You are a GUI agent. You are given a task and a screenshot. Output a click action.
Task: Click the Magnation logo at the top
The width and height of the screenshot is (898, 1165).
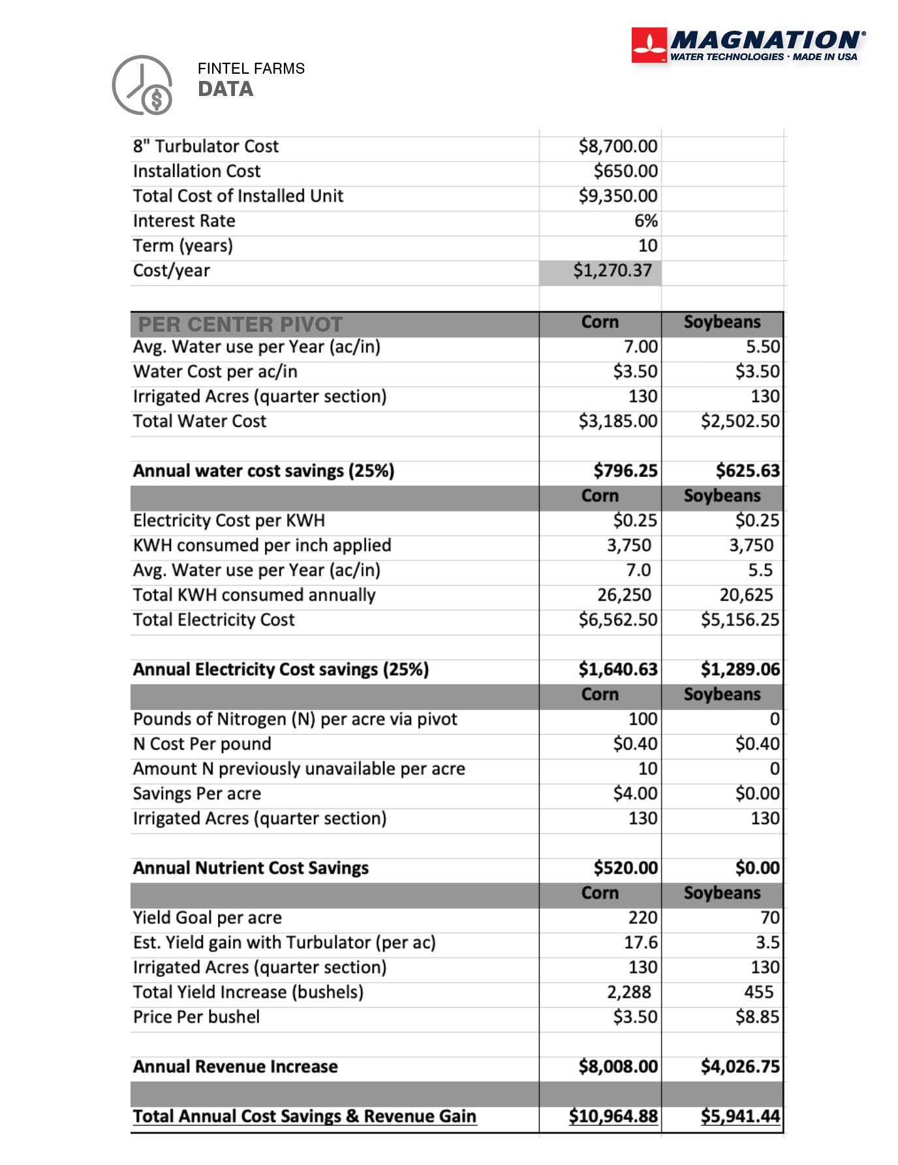[x=749, y=46]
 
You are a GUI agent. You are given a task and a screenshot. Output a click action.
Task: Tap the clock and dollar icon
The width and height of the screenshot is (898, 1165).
[x=142, y=86]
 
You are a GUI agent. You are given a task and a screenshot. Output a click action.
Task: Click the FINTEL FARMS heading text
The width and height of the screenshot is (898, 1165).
[x=251, y=69]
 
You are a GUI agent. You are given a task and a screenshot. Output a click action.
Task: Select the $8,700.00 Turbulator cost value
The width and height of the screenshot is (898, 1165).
[x=617, y=146]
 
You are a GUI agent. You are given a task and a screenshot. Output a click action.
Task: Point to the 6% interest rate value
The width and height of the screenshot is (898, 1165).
[x=645, y=221]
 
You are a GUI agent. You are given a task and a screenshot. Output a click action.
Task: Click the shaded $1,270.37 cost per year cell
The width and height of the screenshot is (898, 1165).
[x=612, y=270]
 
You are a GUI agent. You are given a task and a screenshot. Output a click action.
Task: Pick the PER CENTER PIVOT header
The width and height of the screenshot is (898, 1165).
[x=240, y=324]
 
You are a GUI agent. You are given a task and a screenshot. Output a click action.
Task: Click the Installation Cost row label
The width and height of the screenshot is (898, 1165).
[x=196, y=171]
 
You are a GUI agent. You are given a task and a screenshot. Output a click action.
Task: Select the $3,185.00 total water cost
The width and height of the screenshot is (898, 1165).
[x=617, y=421]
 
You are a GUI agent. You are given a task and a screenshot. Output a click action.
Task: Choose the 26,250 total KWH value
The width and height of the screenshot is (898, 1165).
[x=624, y=595]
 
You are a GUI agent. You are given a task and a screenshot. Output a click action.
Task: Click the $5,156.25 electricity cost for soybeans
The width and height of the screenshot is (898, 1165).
[x=740, y=620]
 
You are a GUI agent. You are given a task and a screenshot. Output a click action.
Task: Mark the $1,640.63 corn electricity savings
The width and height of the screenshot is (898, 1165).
[x=617, y=669]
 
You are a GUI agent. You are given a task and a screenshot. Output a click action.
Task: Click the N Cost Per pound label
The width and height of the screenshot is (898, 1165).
[x=202, y=744]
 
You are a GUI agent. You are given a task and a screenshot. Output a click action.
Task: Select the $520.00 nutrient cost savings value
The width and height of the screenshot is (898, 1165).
[x=625, y=868]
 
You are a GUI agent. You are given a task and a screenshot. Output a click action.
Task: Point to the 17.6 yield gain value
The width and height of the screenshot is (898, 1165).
[x=640, y=942]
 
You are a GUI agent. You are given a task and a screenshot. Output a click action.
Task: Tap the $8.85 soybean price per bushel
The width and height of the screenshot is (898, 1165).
[x=757, y=1017]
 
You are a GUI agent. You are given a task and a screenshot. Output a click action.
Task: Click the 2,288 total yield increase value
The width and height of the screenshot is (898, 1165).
[x=628, y=992]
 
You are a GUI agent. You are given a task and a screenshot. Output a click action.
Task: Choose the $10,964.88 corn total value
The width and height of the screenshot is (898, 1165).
[x=613, y=1116]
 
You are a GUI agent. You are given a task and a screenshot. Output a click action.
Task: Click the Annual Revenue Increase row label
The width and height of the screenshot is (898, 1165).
[x=235, y=1066]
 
